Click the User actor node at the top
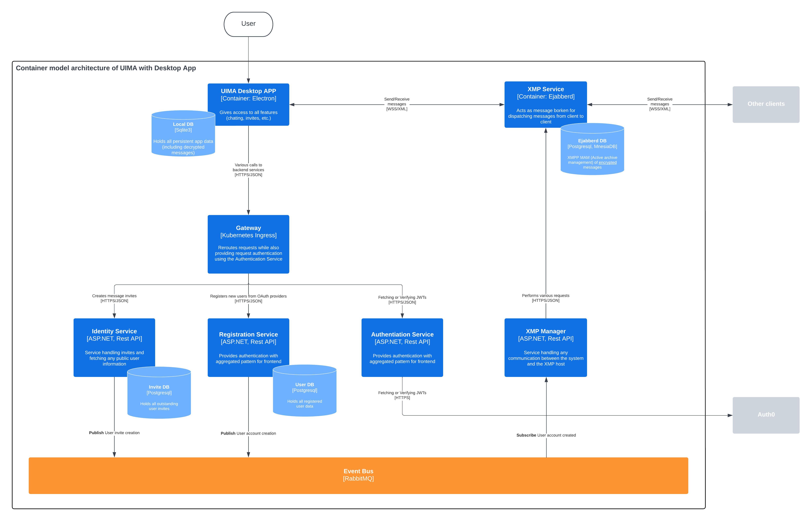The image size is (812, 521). point(248,24)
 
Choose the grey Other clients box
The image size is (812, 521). point(766,104)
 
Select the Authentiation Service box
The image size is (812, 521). point(402,347)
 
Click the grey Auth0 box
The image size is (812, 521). point(766,415)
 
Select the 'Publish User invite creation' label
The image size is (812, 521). point(114,433)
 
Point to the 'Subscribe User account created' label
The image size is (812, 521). point(546,435)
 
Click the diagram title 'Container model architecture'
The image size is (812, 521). point(106,68)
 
